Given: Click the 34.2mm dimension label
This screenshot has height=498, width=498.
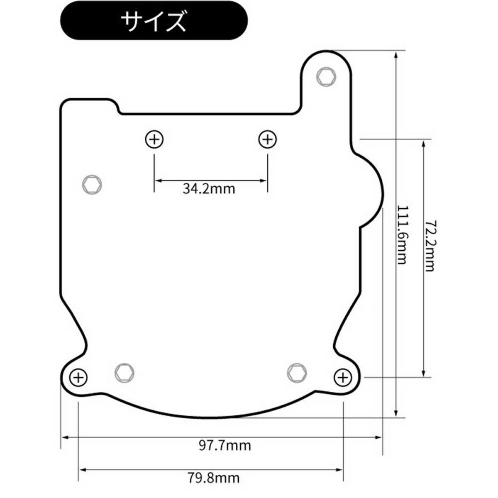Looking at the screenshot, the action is tap(209, 189).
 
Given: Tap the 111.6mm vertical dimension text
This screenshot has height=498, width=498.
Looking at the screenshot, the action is tap(402, 234).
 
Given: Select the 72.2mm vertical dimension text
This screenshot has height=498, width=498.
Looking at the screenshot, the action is tap(430, 246).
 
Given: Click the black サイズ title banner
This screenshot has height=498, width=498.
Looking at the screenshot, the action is tap(154, 21).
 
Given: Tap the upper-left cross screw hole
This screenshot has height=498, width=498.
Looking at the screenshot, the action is tap(154, 139).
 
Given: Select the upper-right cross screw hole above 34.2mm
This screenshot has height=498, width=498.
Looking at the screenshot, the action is tap(268, 139).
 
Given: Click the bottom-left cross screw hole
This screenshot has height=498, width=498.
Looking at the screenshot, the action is tap(78, 378).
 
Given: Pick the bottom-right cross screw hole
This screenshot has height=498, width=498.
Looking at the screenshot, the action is tap(343, 378).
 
